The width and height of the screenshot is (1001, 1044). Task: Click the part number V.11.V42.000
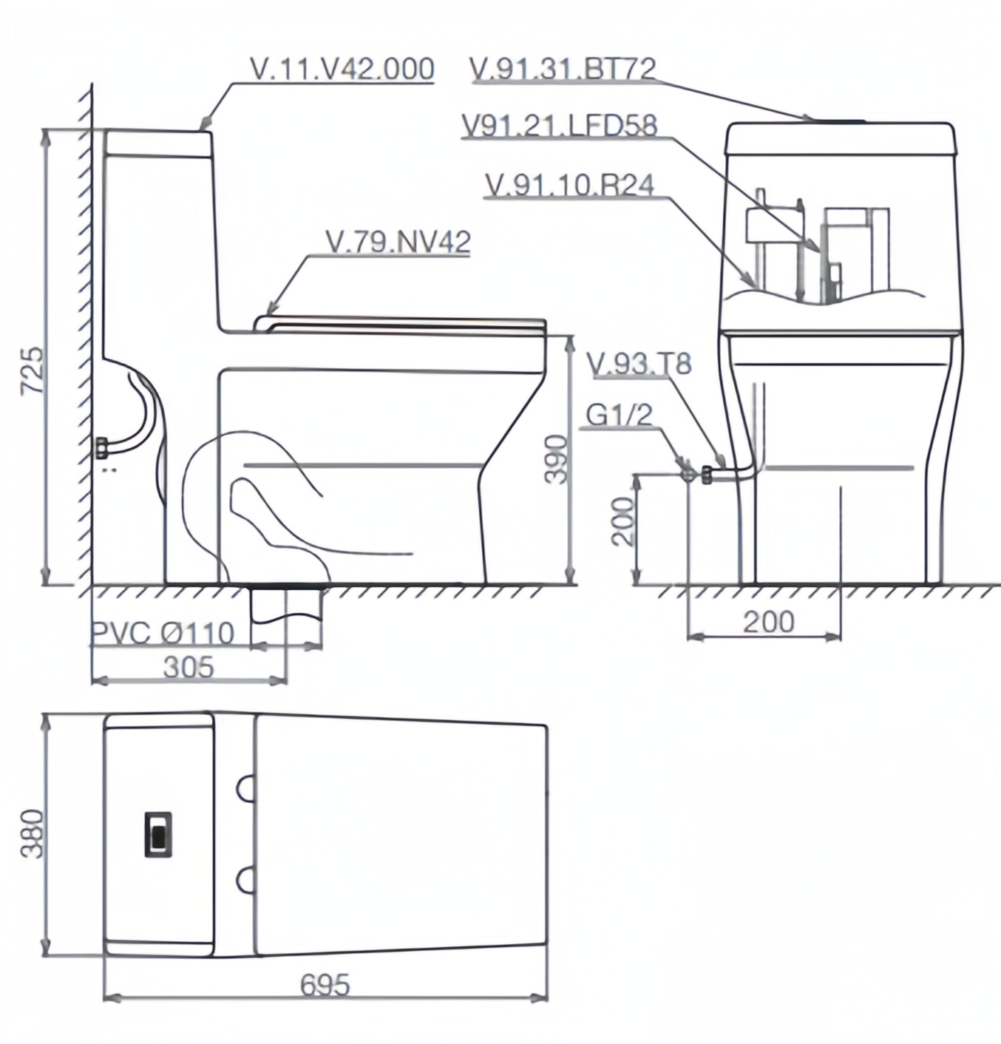click(342, 69)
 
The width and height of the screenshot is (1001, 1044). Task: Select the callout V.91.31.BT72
click(563, 68)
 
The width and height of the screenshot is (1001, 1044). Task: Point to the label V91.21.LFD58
click(560, 126)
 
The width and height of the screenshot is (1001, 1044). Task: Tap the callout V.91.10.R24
click(570, 185)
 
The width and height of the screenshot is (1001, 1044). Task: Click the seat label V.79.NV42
click(398, 242)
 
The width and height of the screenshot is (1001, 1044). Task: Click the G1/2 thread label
click(620, 415)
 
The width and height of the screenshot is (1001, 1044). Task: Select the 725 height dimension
click(31, 370)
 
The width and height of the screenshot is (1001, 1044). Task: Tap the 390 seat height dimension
click(556, 459)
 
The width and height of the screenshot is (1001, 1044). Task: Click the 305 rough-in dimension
click(188, 667)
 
